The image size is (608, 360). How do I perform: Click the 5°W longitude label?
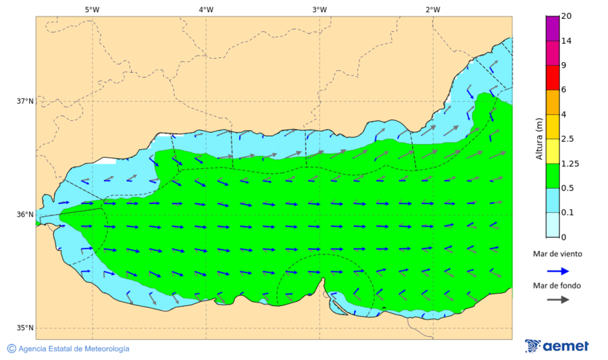pos(93,9)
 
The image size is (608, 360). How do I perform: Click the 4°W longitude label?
pos(206,9)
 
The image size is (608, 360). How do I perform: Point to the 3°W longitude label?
pos(320,9)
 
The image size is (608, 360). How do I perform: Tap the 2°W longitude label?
pos(433,9)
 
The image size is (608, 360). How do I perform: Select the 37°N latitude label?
pos(25,101)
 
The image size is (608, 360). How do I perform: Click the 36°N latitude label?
pos(25,215)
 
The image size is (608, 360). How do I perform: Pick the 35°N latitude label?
pos(25,328)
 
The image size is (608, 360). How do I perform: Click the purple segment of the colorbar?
pos(553,28)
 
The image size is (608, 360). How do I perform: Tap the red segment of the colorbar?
pos(553,77)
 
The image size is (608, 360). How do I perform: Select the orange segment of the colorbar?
pos(553,102)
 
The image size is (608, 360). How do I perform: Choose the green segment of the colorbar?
pos(553,176)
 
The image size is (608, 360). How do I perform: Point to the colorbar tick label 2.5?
pos(569,139)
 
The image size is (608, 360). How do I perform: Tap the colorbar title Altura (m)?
pos(539,138)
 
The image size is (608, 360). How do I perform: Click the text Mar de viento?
pos(557,254)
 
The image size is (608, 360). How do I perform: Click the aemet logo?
pos(557,346)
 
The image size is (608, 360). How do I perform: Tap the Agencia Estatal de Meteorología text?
pos(73,349)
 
